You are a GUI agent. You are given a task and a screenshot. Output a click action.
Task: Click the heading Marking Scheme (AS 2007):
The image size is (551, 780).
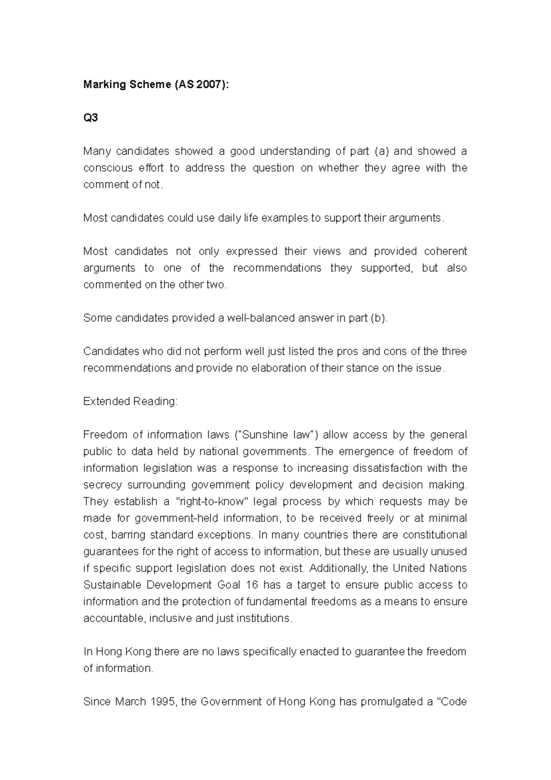click(155, 85)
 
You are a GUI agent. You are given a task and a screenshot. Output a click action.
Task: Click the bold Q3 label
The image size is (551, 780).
click(90, 118)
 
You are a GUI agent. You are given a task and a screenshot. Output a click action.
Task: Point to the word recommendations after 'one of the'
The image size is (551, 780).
click(277, 268)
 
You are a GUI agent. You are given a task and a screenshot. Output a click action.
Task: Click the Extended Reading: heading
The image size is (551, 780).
click(130, 401)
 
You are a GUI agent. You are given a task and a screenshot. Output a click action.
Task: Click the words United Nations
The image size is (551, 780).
click(429, 568)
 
